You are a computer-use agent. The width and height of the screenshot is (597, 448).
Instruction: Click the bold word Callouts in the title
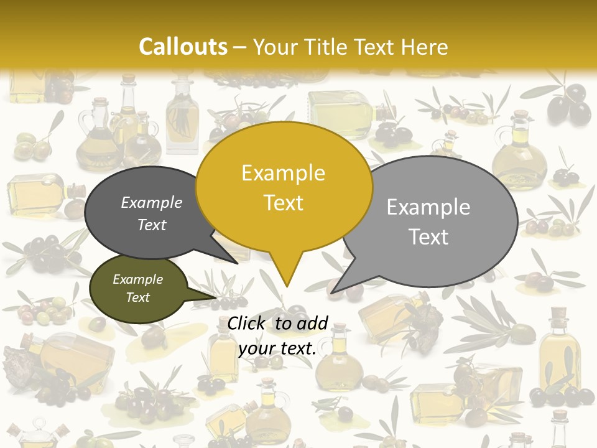tap(183, 47)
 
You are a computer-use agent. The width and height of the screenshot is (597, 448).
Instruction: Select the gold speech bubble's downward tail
tap(286, 274)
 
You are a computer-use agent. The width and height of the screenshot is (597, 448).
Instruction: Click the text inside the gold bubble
tap(284, 188)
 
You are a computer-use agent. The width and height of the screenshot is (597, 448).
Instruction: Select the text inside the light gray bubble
tap(428, 222)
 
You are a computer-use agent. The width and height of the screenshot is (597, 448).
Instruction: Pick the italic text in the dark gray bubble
tap(152, 213)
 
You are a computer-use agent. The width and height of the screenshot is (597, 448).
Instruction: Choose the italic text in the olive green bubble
tap(138, 288)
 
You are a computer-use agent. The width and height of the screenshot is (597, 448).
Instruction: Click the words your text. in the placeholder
tap(277, 348)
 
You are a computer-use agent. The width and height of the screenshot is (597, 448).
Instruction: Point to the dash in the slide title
tap(240, 47)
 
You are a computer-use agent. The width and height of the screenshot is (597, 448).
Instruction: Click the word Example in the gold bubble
tap(284, 173)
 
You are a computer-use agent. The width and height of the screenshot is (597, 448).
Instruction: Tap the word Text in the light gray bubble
tap(428, 237)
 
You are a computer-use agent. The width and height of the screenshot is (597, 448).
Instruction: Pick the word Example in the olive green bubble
tap(138, 279)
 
